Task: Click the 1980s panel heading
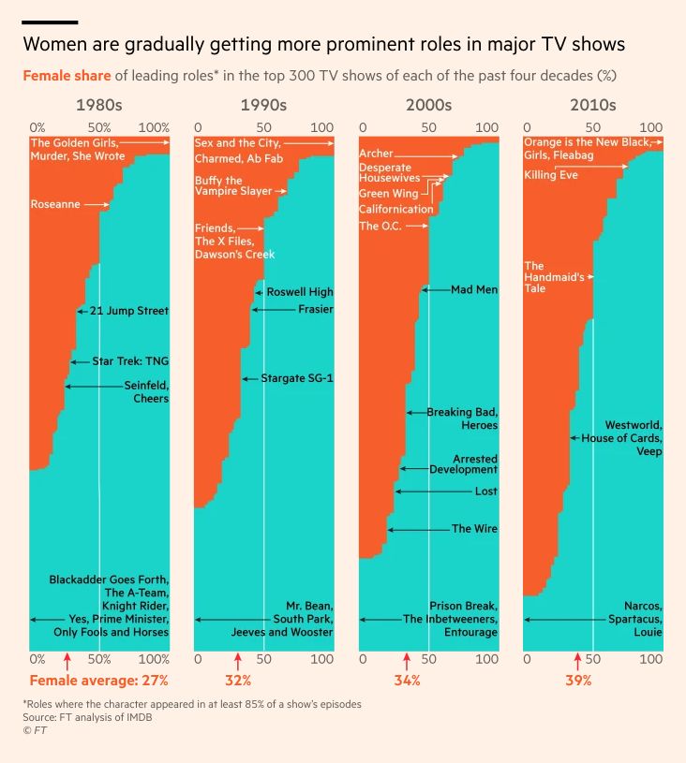point(98,105)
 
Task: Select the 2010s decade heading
point(592,105)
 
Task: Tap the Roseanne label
point(55,203)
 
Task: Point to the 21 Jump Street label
point(128,310)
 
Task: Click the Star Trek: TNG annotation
point(130,360)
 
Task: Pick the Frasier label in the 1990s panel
point(315,309)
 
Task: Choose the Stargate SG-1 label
point(297,378)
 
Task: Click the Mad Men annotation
point(474,289)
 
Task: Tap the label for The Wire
point(474,529)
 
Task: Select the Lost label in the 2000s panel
point(486,491)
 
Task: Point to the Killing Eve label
point(551,175)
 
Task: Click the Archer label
point(376,153)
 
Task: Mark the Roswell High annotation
point(300,292)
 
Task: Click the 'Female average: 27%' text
point(98,681)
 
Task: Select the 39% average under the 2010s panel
point(578,681)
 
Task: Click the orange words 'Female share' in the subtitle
point(65,74)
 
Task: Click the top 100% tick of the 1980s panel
point(154,127)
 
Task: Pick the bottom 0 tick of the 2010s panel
point(528,659)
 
